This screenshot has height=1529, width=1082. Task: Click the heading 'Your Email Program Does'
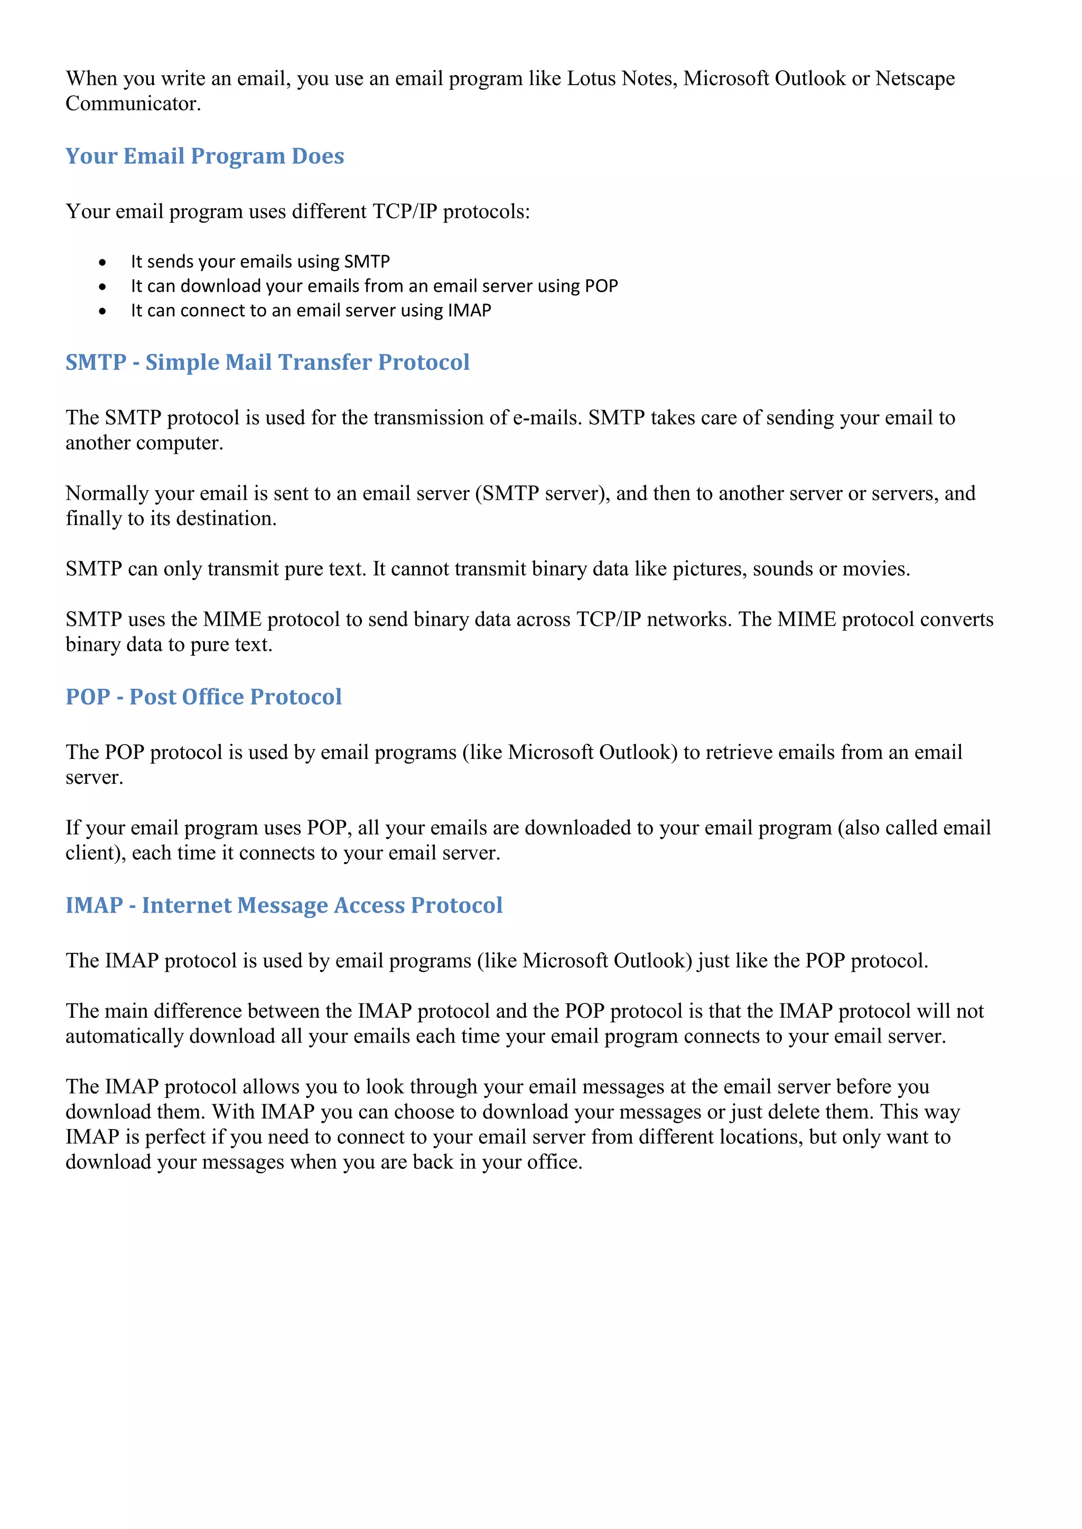click(x=204, y=156)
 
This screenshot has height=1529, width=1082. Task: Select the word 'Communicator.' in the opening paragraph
click(x=133, y=104)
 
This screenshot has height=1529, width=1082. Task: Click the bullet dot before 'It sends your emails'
click(x=102, y=262)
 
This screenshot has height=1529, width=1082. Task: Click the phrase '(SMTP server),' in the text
click(x=543, y=493)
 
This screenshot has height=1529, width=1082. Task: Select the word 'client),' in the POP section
click(x=95, y=853)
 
